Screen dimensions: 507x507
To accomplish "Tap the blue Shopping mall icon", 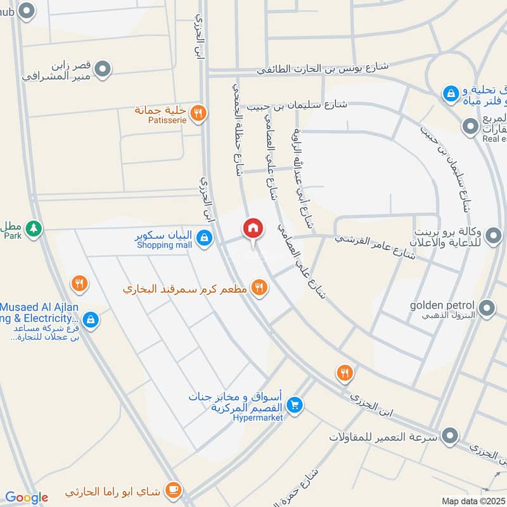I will coord(203,238).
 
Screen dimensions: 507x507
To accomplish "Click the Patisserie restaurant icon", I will coord(198,113).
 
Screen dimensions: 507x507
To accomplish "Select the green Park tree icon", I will coord(34,229).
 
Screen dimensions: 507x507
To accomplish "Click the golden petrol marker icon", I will coord(487,309).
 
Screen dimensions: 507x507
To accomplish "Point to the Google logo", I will coord(27,497).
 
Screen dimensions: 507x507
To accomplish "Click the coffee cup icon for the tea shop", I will coord(172,490).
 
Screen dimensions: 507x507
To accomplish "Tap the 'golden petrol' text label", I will coord(442,305).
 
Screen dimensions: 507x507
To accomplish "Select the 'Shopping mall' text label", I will coord(164,245).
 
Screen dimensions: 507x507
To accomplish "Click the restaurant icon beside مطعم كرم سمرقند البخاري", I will coord(259,288).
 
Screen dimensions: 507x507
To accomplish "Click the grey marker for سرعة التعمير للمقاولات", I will coord(450,437).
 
